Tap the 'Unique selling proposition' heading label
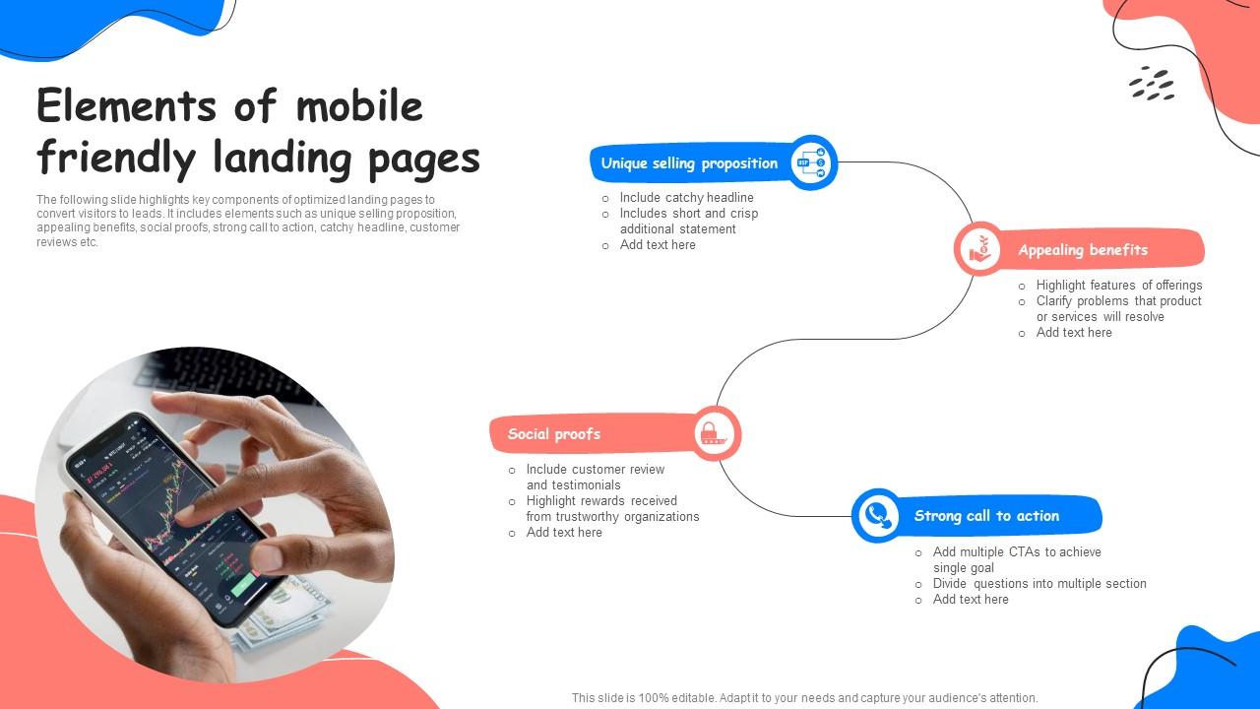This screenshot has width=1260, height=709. (x=689, y=163)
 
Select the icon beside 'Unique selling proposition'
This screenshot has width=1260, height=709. (x=812, y=162)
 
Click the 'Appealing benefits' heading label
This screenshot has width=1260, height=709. (x=1083, y=250)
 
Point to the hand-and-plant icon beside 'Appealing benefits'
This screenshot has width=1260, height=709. (x=978, y=249)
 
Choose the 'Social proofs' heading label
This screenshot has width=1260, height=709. (x=554, y=434)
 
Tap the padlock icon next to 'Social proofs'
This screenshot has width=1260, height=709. (x=715, y=433)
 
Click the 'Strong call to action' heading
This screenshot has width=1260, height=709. (x=986, y=516)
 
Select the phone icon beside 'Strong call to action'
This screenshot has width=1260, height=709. (x=876, y=515)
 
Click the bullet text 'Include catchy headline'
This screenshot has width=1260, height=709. (x=686, y=198)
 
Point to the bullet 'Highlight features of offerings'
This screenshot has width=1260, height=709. (x=1118, y=286)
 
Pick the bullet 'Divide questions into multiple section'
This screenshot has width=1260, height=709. (x=1039, y=584)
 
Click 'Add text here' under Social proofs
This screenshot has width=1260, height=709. (x=564, y=533)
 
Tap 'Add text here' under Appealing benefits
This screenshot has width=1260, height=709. (x=1074, y=333)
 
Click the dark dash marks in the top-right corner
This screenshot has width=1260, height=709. (x=1152, y=84)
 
